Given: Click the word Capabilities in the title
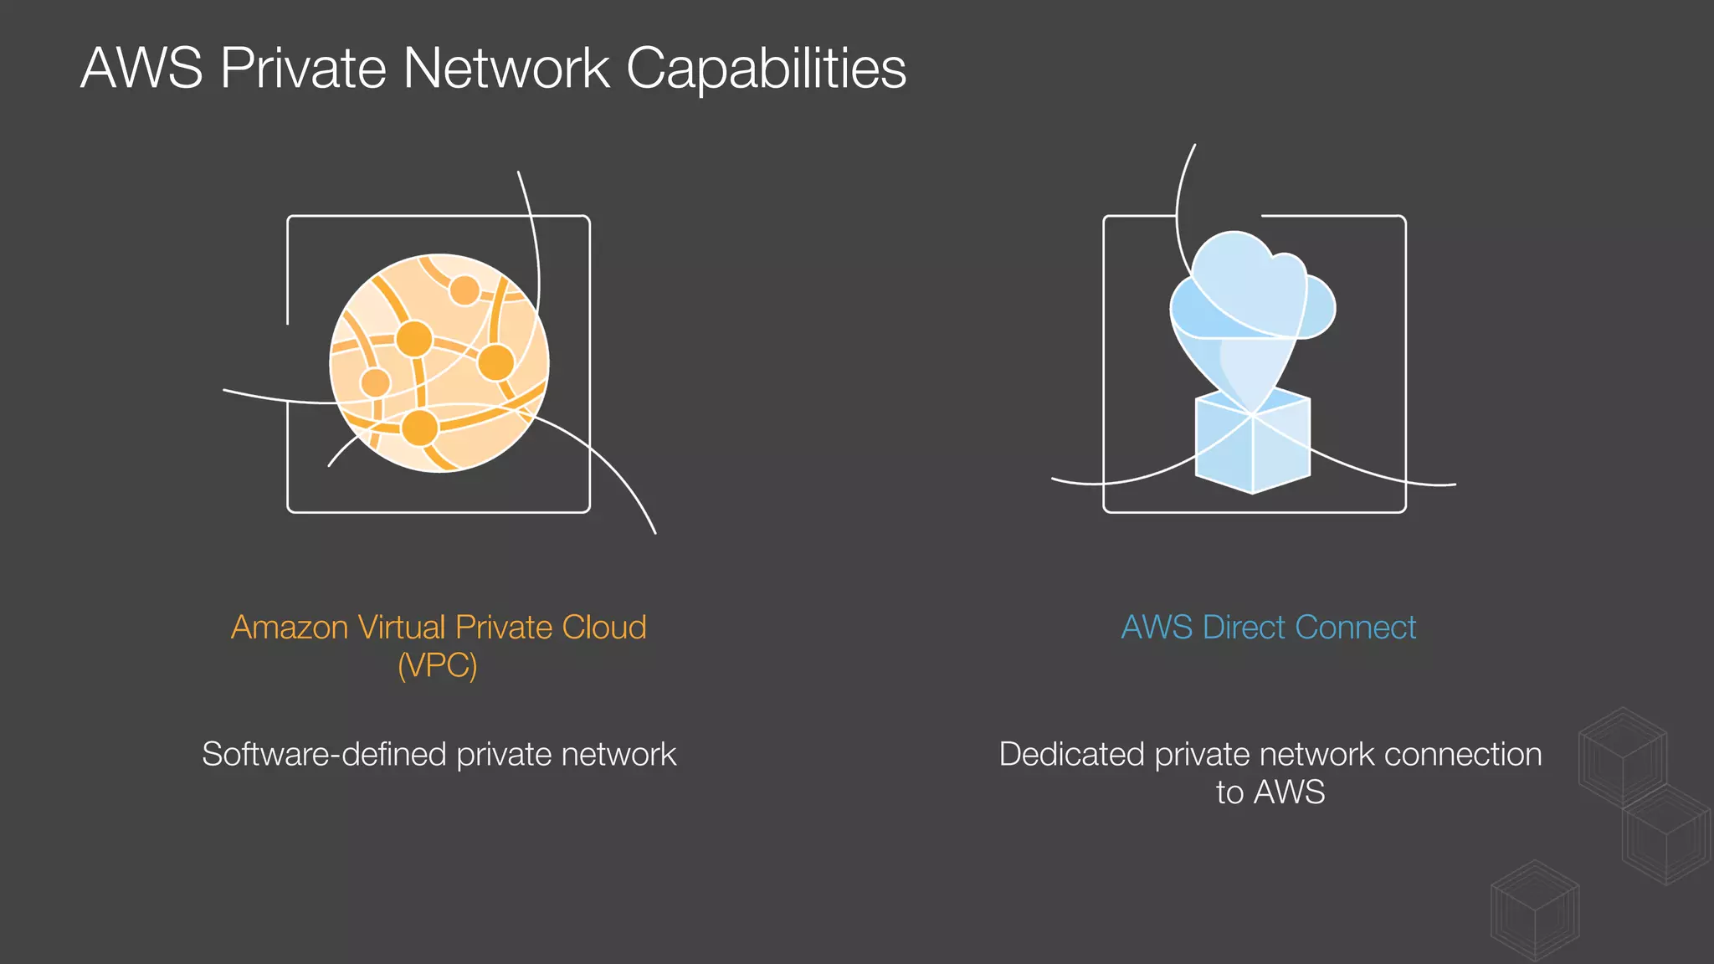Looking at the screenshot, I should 766,69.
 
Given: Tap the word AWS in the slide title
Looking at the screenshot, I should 141,69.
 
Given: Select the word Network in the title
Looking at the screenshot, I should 506,69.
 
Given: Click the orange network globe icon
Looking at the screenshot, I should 439,363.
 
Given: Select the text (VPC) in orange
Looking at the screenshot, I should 438,666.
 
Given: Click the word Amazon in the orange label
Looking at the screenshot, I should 290,628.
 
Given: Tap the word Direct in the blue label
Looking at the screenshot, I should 1244,628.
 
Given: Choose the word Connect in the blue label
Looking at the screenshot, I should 1357,628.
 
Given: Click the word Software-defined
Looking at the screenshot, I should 324,755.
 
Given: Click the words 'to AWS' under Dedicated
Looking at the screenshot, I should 1270,792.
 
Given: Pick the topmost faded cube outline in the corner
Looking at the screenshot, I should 1622,756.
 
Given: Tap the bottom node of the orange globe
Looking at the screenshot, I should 419,428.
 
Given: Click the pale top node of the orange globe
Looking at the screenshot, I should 464,291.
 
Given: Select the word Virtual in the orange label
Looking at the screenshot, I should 402,628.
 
